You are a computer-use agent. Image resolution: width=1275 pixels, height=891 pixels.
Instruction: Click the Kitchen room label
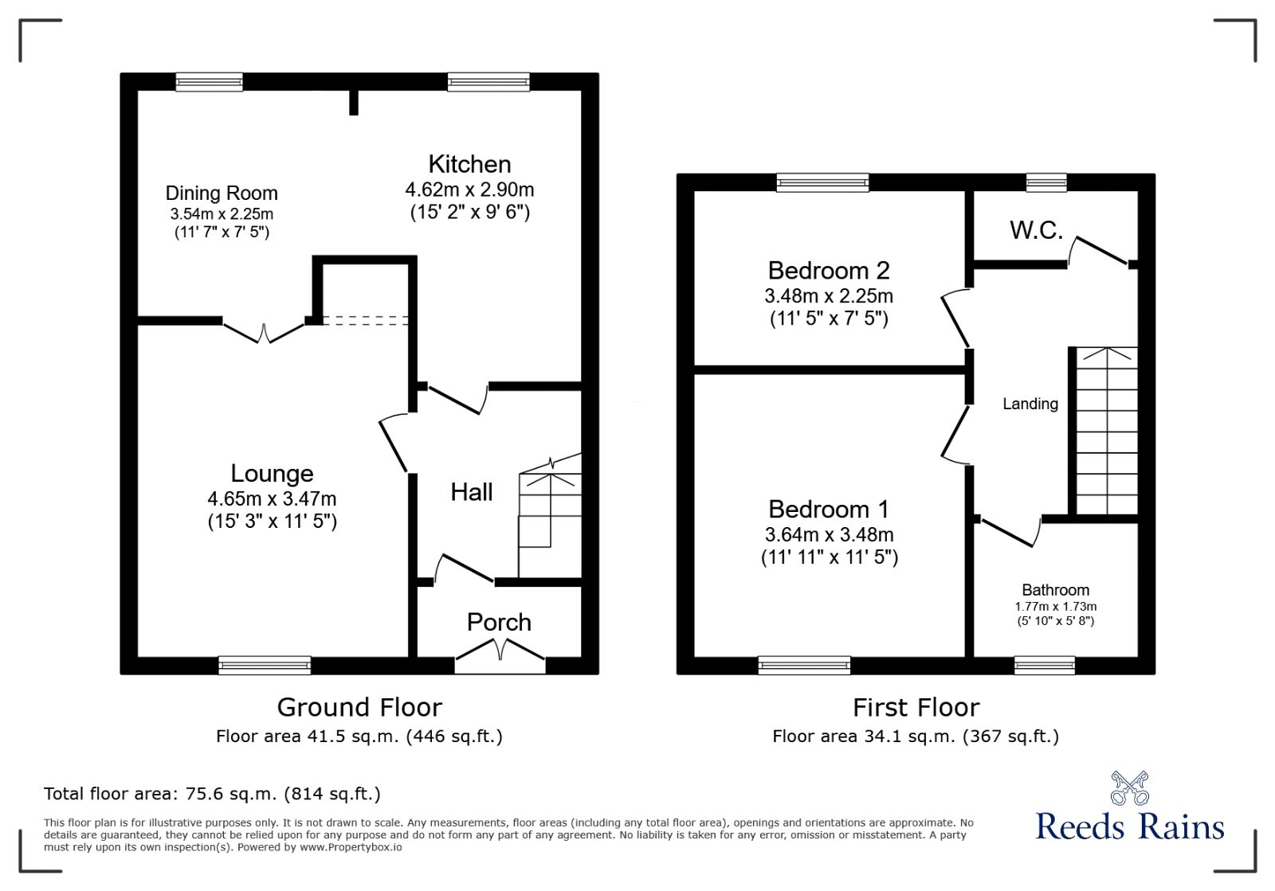click(469, 164)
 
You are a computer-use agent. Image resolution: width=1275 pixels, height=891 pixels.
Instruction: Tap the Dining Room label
click(222, 193)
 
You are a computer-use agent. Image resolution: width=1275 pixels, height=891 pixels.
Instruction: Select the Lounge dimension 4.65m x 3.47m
click(272, 499)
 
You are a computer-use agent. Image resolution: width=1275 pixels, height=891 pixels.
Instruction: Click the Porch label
click(499, 622)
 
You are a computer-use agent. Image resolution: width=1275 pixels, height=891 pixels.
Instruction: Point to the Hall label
click(472, 492)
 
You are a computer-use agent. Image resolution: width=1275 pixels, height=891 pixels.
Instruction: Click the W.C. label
click(1036, 230)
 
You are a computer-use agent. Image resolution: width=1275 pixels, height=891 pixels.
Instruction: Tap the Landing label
click(1030, 404)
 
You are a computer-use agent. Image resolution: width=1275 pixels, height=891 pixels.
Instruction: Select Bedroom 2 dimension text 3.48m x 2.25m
click(829, 296)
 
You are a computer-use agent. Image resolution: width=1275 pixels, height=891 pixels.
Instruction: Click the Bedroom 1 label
click(829, 509)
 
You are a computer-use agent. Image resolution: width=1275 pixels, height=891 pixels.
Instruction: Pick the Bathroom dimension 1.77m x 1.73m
click(1055, 607)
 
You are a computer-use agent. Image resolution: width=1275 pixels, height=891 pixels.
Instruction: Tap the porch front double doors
click(500, 654)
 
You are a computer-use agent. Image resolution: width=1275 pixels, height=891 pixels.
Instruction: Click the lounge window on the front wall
click(265, 665)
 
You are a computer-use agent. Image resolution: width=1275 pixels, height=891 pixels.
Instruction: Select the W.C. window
click(1046, 182)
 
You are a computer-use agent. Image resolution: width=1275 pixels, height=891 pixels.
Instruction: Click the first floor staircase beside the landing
click(1106, 430)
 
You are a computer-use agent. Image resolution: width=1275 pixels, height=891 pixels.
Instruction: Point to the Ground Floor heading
click(359, 707)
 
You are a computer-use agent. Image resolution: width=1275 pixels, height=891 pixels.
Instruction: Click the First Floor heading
click(916, 707)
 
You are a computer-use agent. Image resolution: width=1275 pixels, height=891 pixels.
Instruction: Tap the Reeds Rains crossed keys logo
click(1130, 787)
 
